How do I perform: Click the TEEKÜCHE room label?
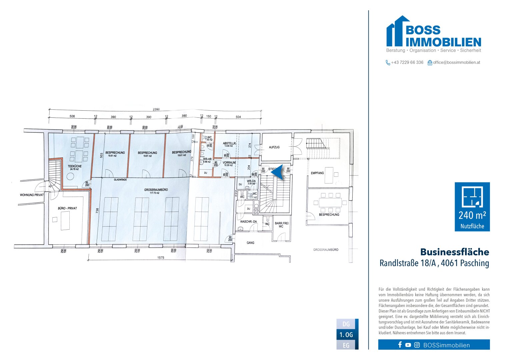(75, 166)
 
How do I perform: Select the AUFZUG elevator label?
(274, 147)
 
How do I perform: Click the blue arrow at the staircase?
(277, 172)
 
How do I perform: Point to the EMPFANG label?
(317, 173)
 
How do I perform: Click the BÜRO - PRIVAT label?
(67, 208)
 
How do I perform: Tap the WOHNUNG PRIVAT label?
(32, 195)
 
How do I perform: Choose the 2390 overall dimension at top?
(156, 109)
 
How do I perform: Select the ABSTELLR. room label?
(230, 144)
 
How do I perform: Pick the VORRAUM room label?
(229, 163)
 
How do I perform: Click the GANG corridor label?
(250, 243)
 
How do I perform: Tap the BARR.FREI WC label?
(281, 225)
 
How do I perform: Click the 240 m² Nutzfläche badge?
(472, 207)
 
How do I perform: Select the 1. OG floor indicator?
(346, 335)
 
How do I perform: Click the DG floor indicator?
(346, 324)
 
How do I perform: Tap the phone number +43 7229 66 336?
(407, 62)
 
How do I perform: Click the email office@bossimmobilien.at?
(456, 62)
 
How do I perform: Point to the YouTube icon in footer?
(408, 345)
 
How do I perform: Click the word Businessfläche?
(454, 252)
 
